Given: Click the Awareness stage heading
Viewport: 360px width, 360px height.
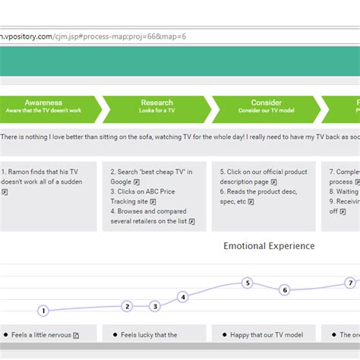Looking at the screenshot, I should [x=43, y=103].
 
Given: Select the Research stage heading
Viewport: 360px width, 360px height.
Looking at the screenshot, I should [x=156, y=103].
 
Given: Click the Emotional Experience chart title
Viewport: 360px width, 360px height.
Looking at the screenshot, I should [x=269, y=246].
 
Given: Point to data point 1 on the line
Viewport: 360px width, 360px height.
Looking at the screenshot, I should [x=43, y=311].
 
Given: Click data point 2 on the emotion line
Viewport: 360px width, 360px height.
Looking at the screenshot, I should [x=128, y=306].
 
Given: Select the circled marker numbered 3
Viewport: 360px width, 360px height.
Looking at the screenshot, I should [x=155, y=306].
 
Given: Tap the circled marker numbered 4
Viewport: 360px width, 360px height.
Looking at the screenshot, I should [x=182, y=297].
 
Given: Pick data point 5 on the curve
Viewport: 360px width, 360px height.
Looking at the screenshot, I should [x=247, y=283].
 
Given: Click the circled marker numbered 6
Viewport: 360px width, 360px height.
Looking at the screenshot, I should [x=285, y=289].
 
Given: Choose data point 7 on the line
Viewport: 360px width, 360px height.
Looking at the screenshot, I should [x=350, y=283].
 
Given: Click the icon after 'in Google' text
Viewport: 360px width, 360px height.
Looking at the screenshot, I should [x=137, y=182].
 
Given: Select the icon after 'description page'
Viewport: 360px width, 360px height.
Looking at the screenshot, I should [x=274, y=182].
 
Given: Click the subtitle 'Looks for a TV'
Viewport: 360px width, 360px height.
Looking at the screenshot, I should [x=156, y=111].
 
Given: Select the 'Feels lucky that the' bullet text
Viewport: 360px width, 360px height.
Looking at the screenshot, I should [x=149, y=335].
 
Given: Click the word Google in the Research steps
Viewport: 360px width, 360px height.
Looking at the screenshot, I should [x=121, y=182].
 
